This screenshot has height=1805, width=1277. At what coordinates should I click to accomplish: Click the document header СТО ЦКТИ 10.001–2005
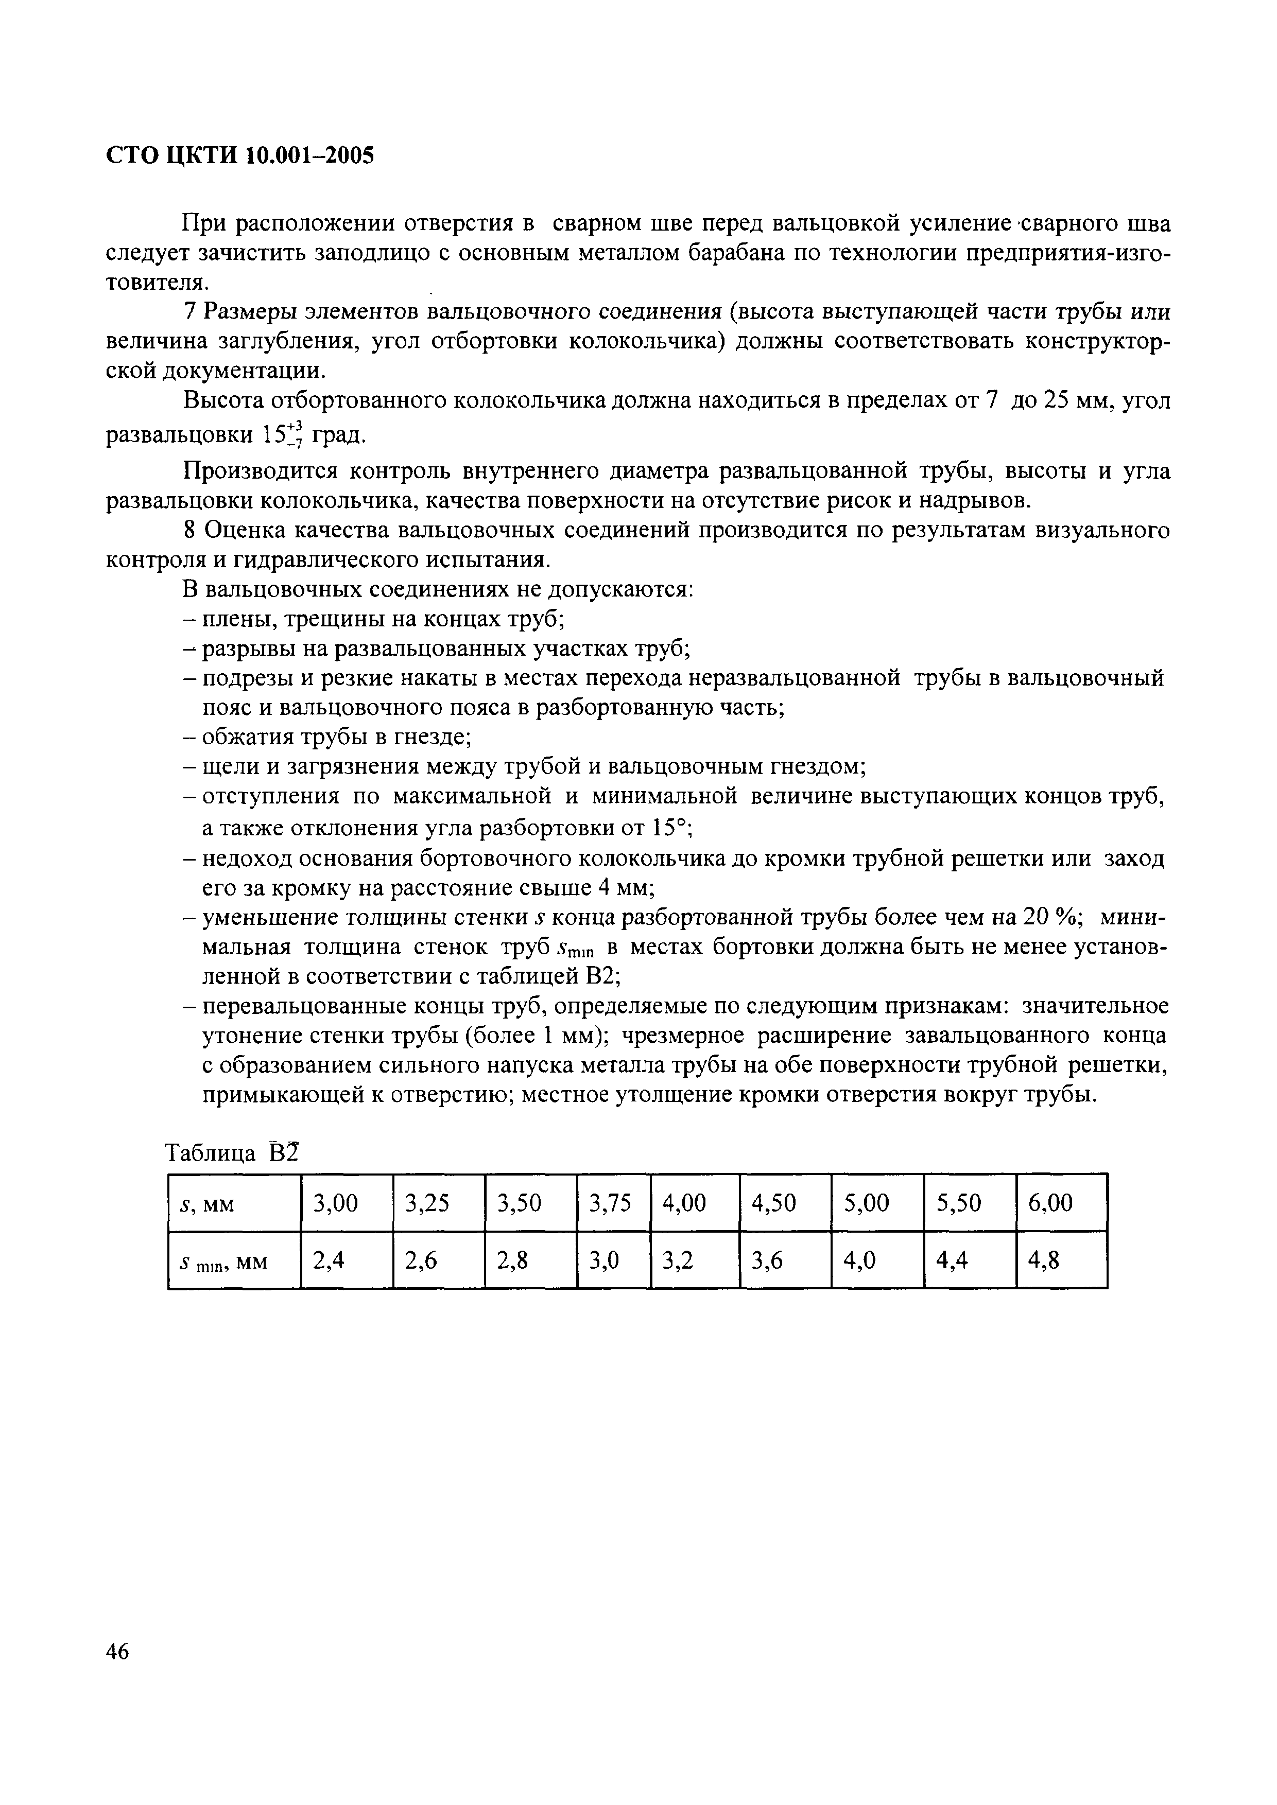(240, 155)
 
